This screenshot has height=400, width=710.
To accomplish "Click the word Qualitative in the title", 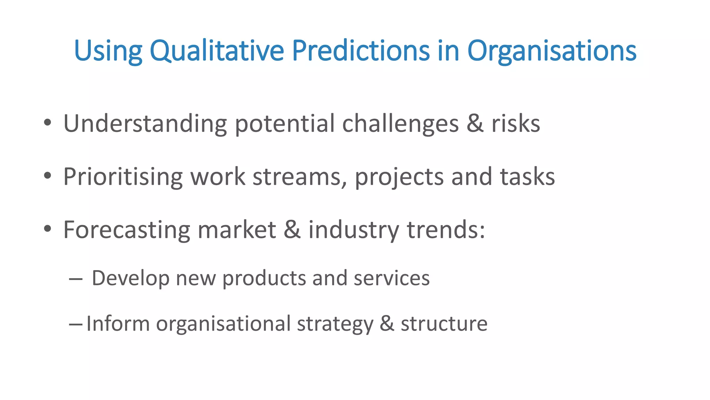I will tap(217, 51).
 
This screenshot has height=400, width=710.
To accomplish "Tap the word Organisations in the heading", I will tap(552, 51).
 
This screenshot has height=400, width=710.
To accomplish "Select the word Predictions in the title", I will tap(361, 51).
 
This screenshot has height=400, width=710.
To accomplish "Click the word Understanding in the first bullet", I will tap(145, 124).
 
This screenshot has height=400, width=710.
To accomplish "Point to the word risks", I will tap(516, 124).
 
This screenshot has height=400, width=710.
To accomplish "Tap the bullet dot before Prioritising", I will tap(48, 176).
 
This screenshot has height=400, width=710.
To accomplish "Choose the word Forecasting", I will tap(127, 230).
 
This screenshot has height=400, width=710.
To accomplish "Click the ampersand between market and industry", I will tap(292, 230).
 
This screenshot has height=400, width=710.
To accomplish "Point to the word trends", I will tap(445, 230).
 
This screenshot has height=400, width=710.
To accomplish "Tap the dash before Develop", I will tap(76, 279).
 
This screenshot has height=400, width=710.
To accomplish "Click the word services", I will tap(391, 279).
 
